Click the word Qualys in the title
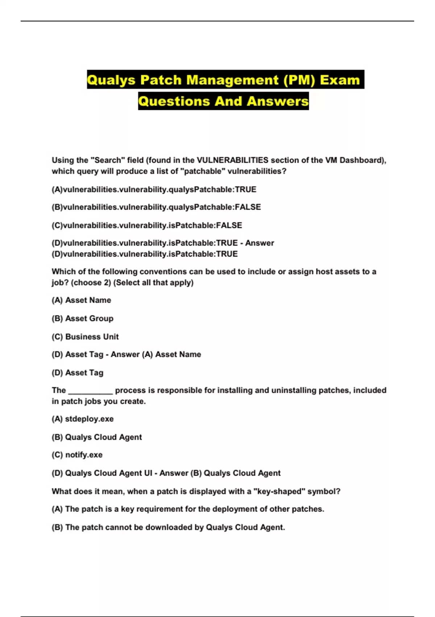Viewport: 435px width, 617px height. click(x=111, y=80)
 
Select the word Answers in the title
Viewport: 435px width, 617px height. click(x=277, y=101)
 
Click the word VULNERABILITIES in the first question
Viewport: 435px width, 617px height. click(x=232, y=160)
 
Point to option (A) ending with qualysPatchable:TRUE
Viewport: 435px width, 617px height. click(x=154, y=189)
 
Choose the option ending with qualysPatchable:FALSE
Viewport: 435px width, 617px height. click(x=156, y=207)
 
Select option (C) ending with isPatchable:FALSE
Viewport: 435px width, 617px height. click(x=147, y=225)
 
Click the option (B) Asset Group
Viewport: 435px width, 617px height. click(x=82, y=318)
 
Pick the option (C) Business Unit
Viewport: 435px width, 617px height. click(x=85, y=337)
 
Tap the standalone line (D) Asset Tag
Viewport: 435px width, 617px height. click(x=78, y=373)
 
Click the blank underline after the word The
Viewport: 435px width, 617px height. click(x=90, y=391)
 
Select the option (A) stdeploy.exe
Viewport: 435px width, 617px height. click(x=83, y=419)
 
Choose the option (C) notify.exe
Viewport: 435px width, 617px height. click(x=77, y=455)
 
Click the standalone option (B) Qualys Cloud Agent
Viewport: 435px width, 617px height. click(x=97, y=437)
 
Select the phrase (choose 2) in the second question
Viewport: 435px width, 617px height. click(x=91, y=282)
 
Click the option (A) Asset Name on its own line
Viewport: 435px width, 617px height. click(x=81, y=300)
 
